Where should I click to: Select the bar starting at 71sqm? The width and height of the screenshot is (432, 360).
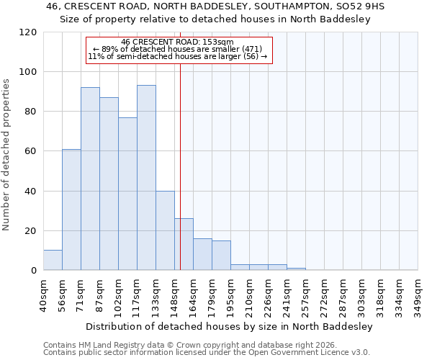[90, 179]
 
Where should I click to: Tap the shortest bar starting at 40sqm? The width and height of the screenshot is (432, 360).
[53, 260]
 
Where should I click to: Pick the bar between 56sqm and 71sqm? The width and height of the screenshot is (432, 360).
[71, 210]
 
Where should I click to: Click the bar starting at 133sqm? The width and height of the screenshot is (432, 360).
[165, 230]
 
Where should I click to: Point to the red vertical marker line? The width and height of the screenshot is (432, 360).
[180, 166]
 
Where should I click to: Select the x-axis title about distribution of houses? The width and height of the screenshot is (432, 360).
[230, 326]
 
